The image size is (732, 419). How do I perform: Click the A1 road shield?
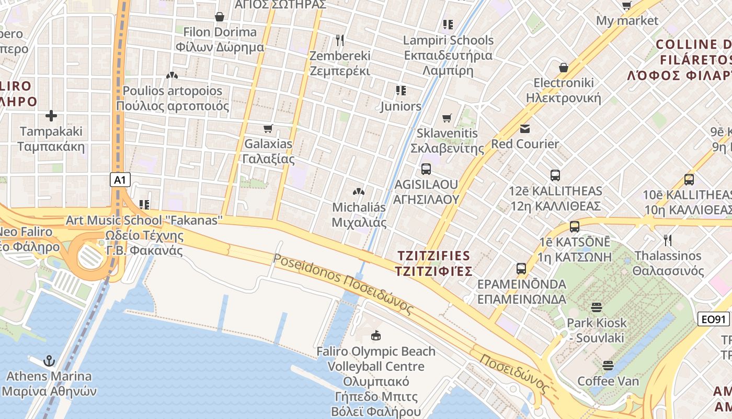(120, 180)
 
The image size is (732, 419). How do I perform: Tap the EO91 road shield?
(713, 318)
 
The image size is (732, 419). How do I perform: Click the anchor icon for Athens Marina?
(49, 360)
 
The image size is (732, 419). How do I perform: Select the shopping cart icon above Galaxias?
(268, 128)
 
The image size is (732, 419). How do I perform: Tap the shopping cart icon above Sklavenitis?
(447, 118)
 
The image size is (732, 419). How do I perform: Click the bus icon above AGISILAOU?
(426, 169)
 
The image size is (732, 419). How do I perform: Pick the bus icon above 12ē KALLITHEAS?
(555, 175)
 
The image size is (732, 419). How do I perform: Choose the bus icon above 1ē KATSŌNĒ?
(575, 227)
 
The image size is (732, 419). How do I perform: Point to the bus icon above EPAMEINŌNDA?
(521, 269)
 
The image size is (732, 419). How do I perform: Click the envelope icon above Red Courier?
(524, 128)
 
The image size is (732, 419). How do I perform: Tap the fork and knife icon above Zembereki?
(340, 40)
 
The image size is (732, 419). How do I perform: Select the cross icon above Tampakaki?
(51, 116)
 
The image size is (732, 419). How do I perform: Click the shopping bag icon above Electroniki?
(564, 68)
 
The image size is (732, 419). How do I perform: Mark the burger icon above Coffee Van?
(608, 365)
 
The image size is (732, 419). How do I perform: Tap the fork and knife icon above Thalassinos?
(667, 240)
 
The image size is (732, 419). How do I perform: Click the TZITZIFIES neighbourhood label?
(434, 263)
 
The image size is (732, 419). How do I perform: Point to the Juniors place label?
(401, 106)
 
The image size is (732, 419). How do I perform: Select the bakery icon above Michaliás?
(359, 192)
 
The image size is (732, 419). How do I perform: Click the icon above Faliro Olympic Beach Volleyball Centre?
(375, 335)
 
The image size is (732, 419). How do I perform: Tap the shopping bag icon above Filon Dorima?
(220, 17)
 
